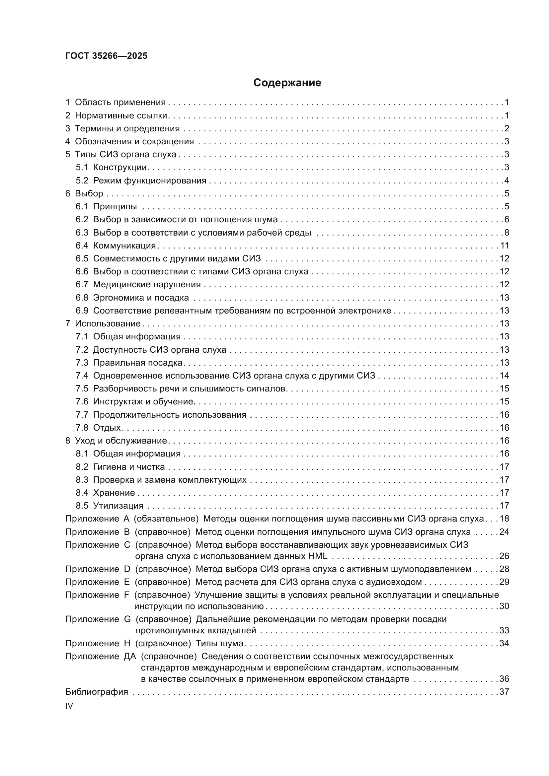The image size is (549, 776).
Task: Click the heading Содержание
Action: click(x=287, y=83)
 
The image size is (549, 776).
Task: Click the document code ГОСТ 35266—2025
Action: click(x=106, y=56)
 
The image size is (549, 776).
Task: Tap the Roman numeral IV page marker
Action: click(x=69, y=706)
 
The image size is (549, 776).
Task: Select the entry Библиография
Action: click(x=97, y=692)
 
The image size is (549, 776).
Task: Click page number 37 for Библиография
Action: click(x=504, y=692)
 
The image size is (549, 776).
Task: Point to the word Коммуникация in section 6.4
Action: click(x=124, y=246)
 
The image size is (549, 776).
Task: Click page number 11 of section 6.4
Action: click(x=505, y=246)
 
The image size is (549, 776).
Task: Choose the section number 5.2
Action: click(x=82, y=180)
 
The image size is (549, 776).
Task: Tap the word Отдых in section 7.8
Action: click(x=107, y=428)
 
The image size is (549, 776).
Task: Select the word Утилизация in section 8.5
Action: click(x=118, y=506)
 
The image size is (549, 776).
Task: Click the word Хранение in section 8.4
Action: click(x=114, y=493)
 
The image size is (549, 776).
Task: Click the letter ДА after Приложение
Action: click(x=130, y=656)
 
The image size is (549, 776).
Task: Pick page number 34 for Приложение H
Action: click(x=504, y=643)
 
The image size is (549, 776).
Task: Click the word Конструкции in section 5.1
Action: click(x=120, y=168)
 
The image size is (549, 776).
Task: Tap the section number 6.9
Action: click(x=82, y=311)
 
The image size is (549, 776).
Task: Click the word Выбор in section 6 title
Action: click(x=89, y=194)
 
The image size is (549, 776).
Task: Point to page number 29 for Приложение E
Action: click(x=504, y=582)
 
